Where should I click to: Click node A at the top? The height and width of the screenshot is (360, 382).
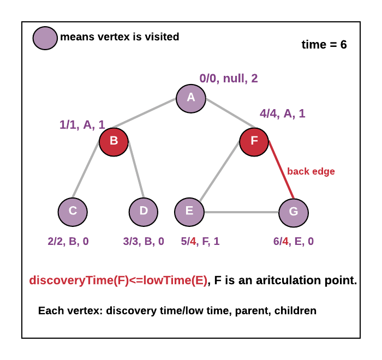(190, 98)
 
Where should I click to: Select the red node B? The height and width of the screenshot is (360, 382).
(114, 141)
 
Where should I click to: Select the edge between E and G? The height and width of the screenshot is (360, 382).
(241, 212)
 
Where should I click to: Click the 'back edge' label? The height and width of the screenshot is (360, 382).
(311, 171)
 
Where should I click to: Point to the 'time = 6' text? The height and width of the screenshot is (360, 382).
(324, 45)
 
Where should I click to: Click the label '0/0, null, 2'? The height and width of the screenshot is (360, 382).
(229, 78)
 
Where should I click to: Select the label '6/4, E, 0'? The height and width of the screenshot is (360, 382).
(293, 241)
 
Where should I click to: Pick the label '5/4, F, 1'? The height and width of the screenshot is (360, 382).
(200, 241)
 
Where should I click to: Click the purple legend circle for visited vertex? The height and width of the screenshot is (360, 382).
(45, 38)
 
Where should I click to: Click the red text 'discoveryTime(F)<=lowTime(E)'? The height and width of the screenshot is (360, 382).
(118, 281)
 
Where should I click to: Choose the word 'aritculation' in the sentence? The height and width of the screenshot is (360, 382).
(294, 281)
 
